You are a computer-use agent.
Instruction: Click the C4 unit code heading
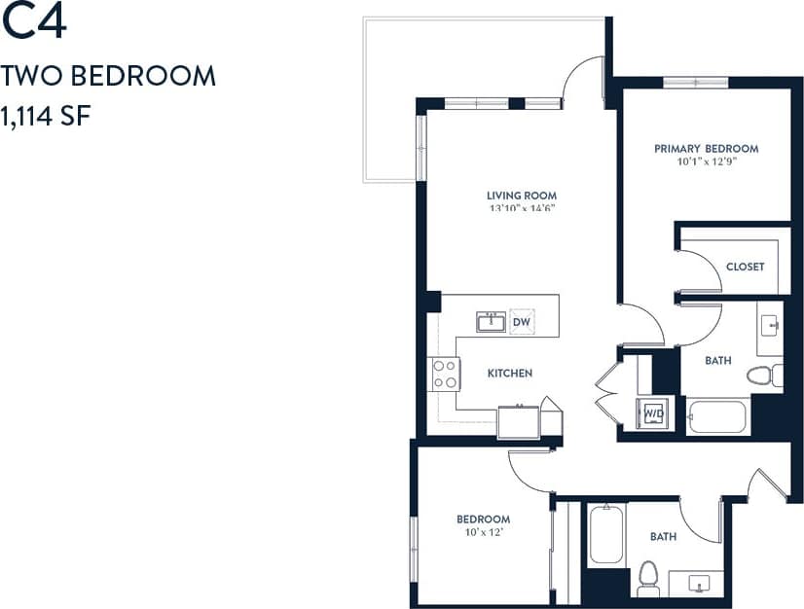(34, 24)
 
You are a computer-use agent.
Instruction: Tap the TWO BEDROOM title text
(108, 76)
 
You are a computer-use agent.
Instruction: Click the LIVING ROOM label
(522, 195)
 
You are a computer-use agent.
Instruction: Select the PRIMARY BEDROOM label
(706, 149)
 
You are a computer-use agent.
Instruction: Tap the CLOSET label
(745, 267)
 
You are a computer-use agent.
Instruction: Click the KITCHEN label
(510, 374)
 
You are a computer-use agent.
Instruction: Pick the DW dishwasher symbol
(521, 322)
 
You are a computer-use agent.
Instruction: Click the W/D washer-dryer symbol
(650, 412)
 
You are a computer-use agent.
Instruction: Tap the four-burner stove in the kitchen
(446, 375)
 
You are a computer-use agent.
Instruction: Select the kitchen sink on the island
(491, 322)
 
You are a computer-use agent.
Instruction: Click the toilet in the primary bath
(764, 376)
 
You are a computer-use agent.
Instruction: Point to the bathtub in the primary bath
(716, 416)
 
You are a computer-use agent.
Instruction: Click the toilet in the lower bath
(648, 578)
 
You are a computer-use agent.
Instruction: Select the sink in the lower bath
(699, 584)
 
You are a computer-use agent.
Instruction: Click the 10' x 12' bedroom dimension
(483, 531)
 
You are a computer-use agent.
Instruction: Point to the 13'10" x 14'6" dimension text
(522, 207)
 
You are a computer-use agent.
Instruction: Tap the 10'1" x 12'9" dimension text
(706, 161)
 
